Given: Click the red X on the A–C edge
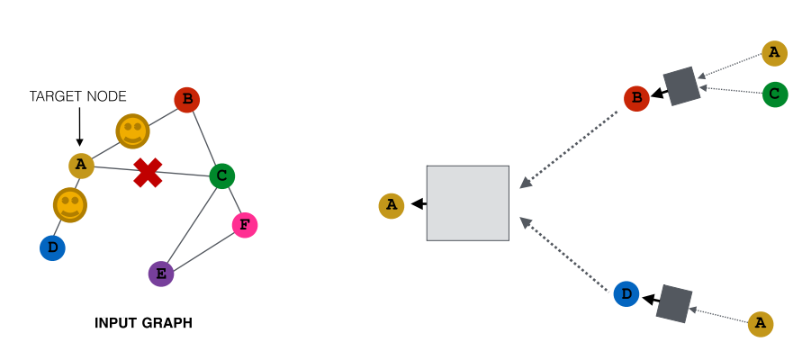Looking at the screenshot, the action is coord(148,173).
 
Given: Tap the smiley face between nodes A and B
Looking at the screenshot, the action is coord(132,130).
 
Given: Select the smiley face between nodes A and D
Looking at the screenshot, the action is coord(70,205).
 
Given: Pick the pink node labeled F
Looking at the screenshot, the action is coord(245,225).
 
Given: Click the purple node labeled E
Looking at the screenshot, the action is coord(161,274).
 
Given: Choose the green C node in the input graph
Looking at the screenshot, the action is coord(222,175).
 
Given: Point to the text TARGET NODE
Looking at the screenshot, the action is coord(78,96).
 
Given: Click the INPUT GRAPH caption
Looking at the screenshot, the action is coord(143,323).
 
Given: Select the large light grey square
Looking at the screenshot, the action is coord(467,203).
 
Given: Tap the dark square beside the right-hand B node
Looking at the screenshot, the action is coord(681,86).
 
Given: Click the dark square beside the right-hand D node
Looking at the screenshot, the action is coord(674,303).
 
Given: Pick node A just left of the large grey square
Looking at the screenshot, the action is coord(392,206).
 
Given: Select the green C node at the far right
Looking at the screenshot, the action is coord(775,94).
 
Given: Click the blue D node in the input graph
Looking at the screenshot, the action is coord(53,247).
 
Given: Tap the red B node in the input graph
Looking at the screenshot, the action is coord(187,100).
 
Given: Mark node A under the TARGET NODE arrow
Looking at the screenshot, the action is coord(81,166).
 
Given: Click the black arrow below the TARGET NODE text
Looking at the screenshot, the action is coord(79,126).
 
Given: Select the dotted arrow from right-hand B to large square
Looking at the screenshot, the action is coord(569,149).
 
